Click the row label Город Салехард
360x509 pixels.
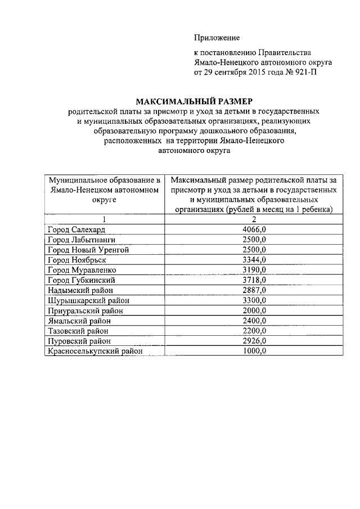pos(76,229)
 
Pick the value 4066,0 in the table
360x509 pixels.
pos(254,229)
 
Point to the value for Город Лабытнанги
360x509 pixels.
pos(254,240)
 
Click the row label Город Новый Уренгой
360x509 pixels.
pos(89,250)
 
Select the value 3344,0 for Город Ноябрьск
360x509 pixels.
pos(254,260)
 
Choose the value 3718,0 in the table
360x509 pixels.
pos(254,280)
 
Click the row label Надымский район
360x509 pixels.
pos(81,290)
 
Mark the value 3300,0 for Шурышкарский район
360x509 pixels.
pos(254,300)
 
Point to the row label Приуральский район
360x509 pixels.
pos(85,310)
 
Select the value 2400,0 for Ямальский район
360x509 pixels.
pos(254,321)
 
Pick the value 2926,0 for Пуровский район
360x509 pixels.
pos(254,341)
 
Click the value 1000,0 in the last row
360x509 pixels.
pos(254,351)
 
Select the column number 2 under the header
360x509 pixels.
pos(254,219)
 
